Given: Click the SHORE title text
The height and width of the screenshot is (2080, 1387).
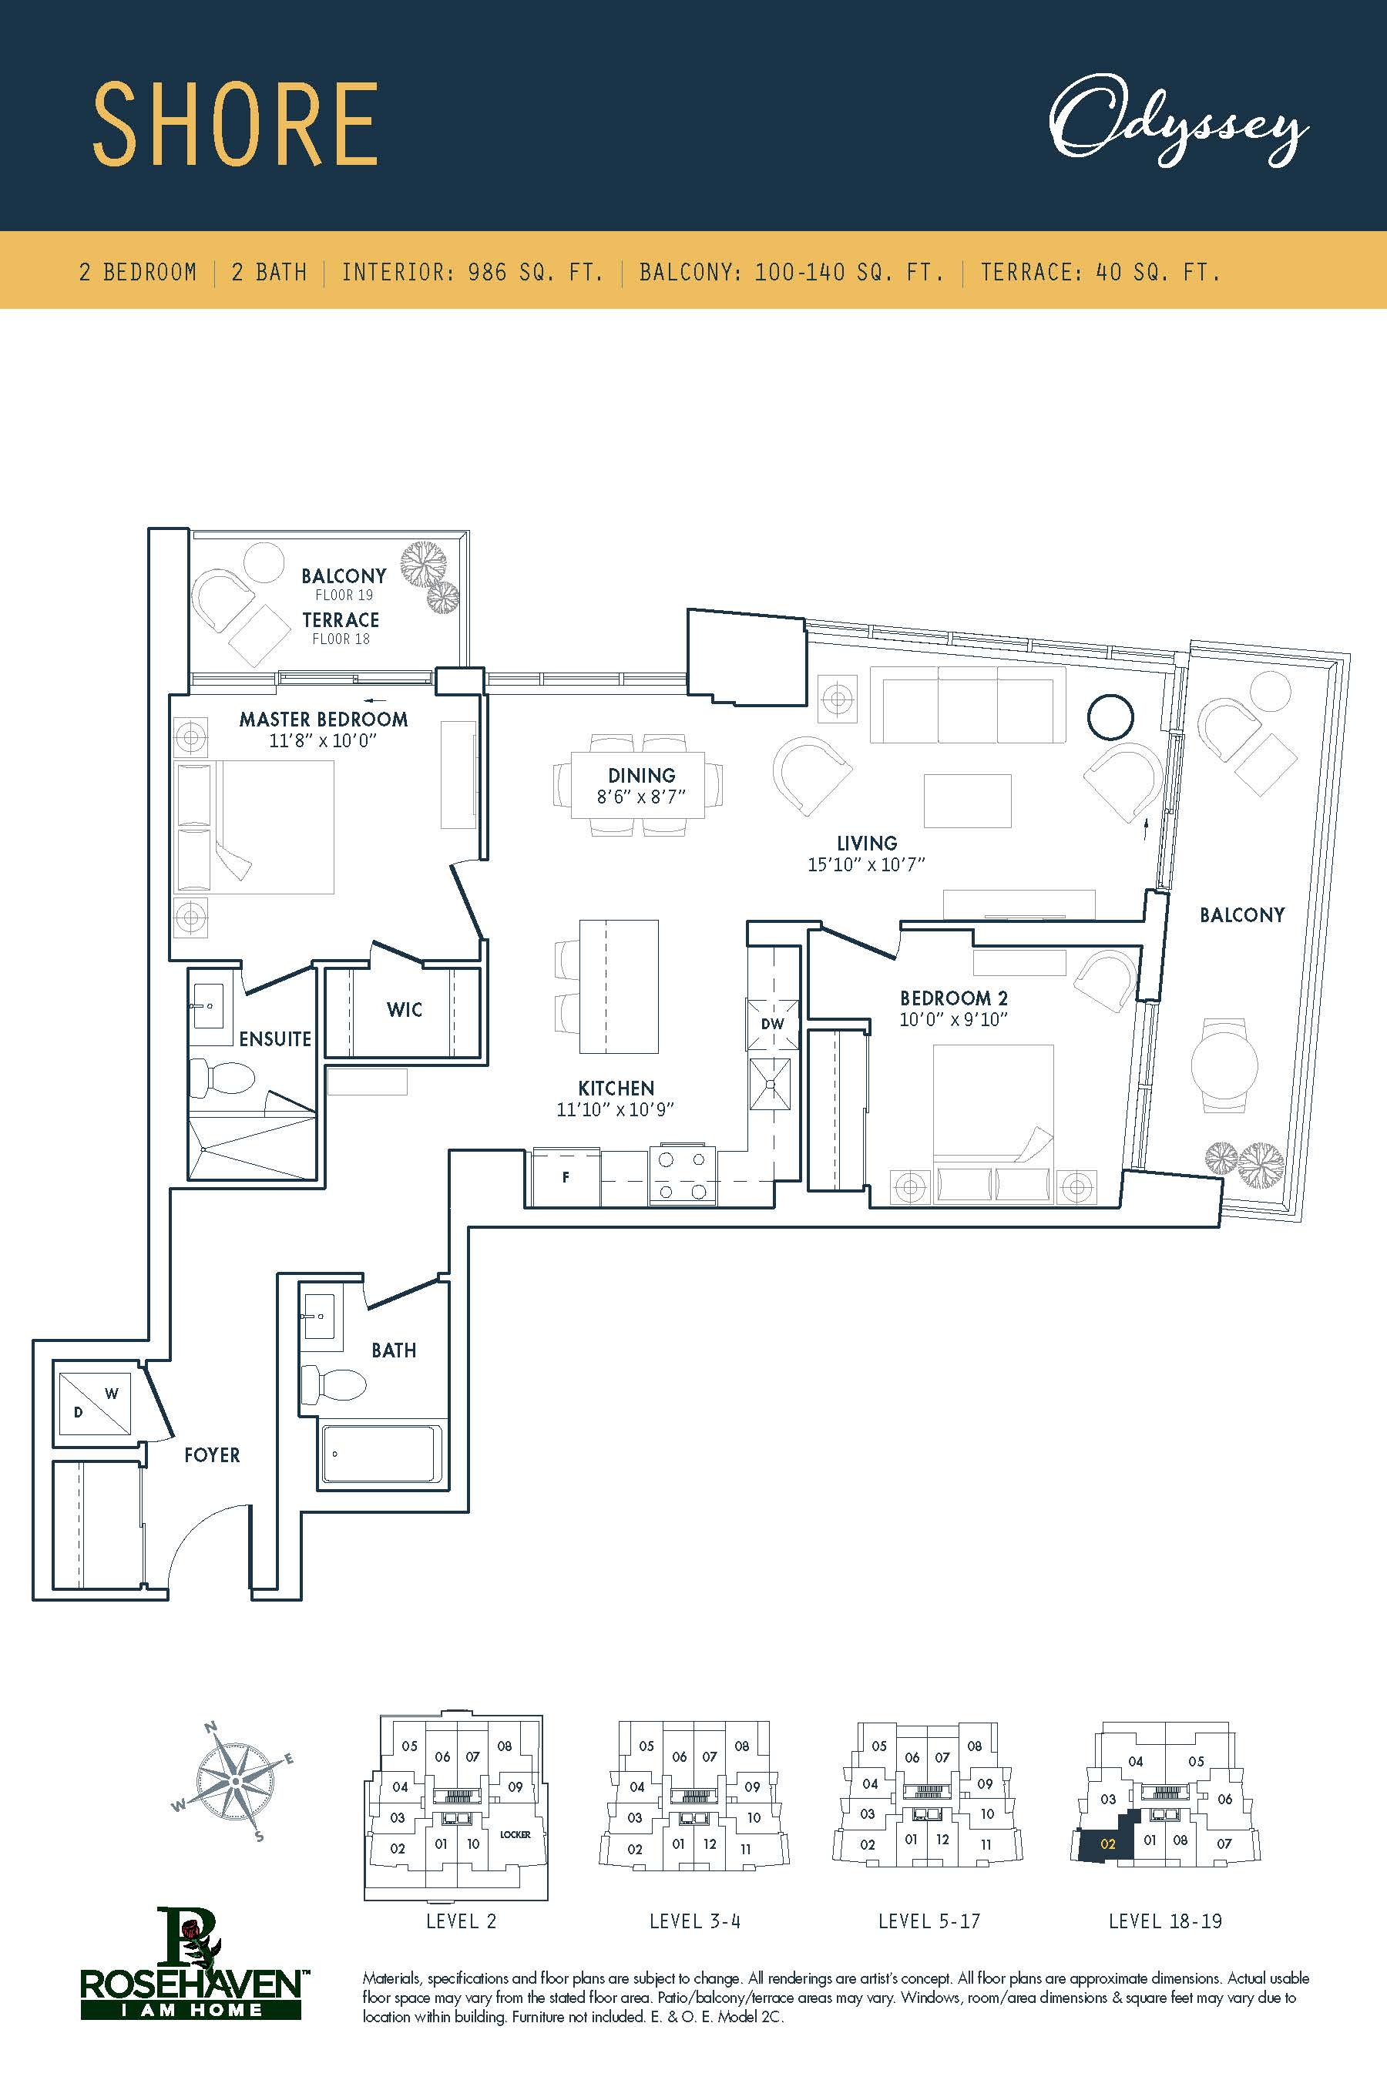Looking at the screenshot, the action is click(x=235, y=125).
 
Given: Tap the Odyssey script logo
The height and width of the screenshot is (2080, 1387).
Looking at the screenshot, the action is click(x=1178, y=123).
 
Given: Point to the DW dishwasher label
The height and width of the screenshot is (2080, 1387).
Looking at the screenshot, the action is click(x=772, y=1024).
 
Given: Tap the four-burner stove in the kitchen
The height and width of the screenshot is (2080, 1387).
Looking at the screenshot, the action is click(x=683, y=1176).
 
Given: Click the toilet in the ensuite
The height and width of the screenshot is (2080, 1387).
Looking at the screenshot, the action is click(x=220, y=1078).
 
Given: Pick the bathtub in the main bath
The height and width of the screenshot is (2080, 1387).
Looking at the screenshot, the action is click(x=378, y=1452).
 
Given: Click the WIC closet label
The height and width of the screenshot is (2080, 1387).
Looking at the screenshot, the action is click(x=405, y=1010).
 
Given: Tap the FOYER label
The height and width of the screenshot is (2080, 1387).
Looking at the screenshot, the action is click(x=213, y=1454).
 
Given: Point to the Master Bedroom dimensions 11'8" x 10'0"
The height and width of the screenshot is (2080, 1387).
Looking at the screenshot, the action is click(x=323, y=740).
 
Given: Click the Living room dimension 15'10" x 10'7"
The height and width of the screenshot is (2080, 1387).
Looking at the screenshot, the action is click(x=866, y=864).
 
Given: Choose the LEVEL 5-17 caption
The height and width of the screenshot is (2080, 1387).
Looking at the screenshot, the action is click(x=929, y=1921).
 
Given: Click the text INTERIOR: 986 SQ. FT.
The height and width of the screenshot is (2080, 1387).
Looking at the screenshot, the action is click(x=472, y=271).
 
